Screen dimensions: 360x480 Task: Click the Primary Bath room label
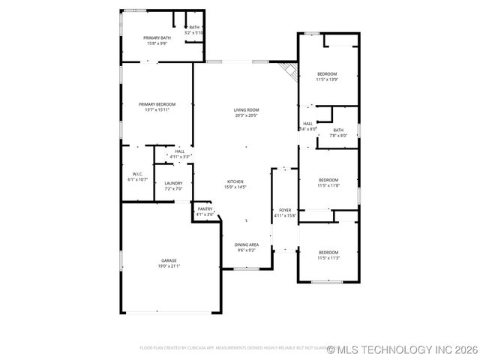pyautogui.click(x=157, y=37)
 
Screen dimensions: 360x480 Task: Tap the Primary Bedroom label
pyautogui.click(x=157, y=103)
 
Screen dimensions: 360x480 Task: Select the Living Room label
pyautogui.click(x=246, y=110)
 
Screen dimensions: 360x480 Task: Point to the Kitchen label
pyautogui.click(x=235, y=181)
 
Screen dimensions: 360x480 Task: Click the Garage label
pyautogui.click(x=168, y=260)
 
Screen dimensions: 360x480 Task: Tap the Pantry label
pyautogui.click(x=205, y=208)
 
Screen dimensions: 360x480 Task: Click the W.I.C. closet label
pyautogui.click(x=137, y=174)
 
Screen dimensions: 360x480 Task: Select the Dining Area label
pyautogui.click(x=247, y=244)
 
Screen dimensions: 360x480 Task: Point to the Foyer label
pyautogui.click(x=285, y=210)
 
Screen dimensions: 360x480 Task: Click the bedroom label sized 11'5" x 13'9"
pyautogui.click(x=328, y=73)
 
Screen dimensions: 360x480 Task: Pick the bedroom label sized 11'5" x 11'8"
pyautogui.click(x=328, y=180)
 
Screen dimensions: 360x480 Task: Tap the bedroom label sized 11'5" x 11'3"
pyautogui.click(x=328, y=252)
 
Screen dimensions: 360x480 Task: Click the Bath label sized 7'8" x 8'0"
pyautogui.click(x=338, y=130)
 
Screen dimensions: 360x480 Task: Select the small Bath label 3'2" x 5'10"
pyautogui.click(x=194, y=28)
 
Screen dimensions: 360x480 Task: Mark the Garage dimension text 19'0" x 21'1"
pyautogui.click(x=168, y=266)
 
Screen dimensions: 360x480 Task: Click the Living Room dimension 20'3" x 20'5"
pyautogui.click(x=246, y=115)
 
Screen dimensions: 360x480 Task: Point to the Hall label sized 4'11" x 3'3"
pyautogui.click(x=180, y=151)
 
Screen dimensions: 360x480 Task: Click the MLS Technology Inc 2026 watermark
pyautogui.click(x=403, y=349)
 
